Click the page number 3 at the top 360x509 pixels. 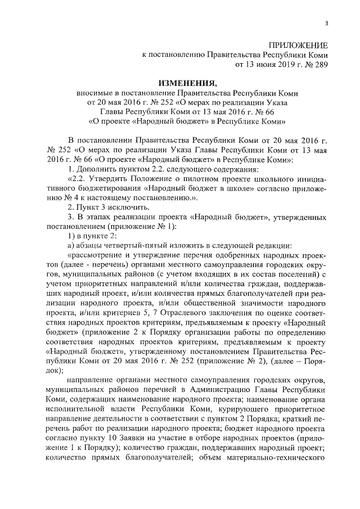click(x=327, y=22)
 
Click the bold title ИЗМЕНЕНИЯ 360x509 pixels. click(x=188, y=83)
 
